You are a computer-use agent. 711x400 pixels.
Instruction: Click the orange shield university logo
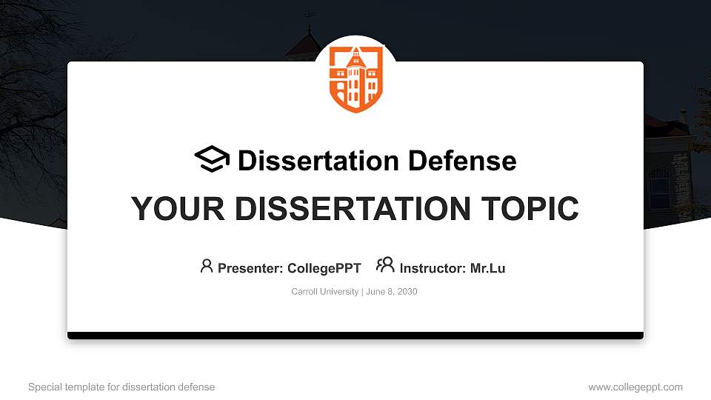[356, 79]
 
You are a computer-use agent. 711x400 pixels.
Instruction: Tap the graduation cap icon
[213, 159]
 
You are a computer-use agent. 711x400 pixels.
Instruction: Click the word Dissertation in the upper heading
[310, 161]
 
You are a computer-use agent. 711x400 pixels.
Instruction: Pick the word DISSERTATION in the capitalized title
[347, 209]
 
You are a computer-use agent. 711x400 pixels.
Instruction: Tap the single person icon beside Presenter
[207, 266]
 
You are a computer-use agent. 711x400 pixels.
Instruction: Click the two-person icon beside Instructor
[385, 265]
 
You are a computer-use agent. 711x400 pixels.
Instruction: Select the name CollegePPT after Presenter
[324, 268]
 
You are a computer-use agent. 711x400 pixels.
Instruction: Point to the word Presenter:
[249, 268]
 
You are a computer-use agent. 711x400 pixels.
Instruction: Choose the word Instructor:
[433, 268]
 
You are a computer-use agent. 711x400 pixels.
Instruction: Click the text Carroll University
[324, 292]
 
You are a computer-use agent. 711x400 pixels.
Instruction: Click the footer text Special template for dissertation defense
[121, 387]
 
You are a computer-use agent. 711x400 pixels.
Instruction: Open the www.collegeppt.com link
[635, 387]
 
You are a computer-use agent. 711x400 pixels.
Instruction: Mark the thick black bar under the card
[355, 336]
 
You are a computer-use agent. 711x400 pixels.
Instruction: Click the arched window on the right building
[659, 185]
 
